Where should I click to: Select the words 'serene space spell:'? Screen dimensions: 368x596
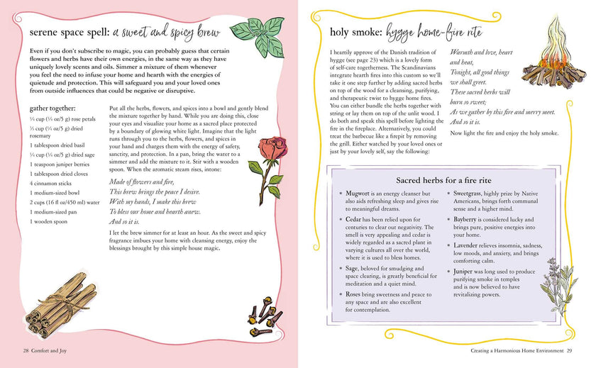(70, 33)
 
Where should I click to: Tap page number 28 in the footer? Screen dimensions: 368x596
(26, 351)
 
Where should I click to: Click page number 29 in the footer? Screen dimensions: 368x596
(569, 351)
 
